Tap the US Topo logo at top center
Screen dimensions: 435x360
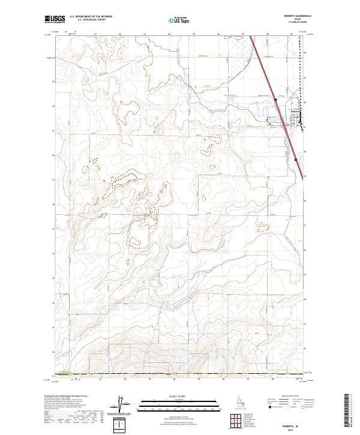178,20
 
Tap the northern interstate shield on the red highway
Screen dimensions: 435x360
275,99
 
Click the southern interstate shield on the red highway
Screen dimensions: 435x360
296,160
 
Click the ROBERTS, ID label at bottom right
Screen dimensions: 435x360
297,424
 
